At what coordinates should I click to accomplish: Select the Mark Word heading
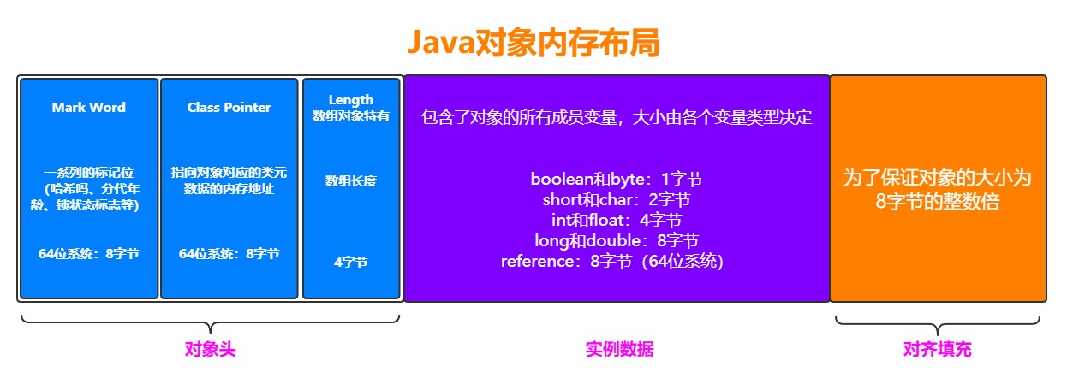[x=88, y=108]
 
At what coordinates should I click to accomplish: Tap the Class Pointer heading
[x=229, y=108]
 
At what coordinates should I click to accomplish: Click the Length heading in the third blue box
[x=351, y=100]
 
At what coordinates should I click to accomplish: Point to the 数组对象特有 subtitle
[x=351, y=116]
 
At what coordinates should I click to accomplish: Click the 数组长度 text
[x=351, y=181]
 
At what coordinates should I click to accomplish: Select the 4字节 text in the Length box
[x=351, y=263]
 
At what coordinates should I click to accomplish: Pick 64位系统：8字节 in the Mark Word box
[x=88, y=254]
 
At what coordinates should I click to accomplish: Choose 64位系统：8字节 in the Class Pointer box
[x=229, y=254]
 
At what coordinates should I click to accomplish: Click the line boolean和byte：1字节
[x=617, y=180]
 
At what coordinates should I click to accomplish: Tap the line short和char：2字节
[x=617, y=201]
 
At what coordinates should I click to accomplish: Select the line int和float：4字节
[x=617, y=221]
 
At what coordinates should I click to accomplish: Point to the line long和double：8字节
[x=617, y=241]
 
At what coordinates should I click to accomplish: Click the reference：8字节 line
[x=613, y=262]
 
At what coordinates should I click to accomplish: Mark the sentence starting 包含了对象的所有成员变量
[x=617, y=118]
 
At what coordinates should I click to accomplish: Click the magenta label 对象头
[x=210, y=350]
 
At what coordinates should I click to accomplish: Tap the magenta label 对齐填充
[x=938, y=350]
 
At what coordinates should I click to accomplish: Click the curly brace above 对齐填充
[x=938, y=323]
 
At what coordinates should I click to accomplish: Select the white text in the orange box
[x=938, y=191]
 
